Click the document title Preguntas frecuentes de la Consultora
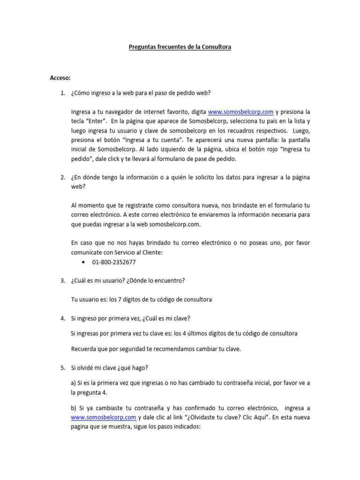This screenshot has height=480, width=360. click(x=180, y=47)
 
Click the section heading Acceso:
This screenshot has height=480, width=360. click(x=60, y=78)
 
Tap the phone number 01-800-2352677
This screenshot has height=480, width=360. click(x=114, y=262)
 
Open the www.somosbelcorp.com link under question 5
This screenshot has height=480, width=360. click(x=104, y=417)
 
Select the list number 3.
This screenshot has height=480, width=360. click(x=62, y=281)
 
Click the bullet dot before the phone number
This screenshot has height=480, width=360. click(x=83, y=262)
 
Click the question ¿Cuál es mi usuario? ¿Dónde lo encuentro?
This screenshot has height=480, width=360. click(x=128, y=281)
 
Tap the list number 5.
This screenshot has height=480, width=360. click(x=62, y=368)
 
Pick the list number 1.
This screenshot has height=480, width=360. click(x=62, y=93)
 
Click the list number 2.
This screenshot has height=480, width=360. click(x=62, y=177)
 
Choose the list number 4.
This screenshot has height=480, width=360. click(x=62, y=318)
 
